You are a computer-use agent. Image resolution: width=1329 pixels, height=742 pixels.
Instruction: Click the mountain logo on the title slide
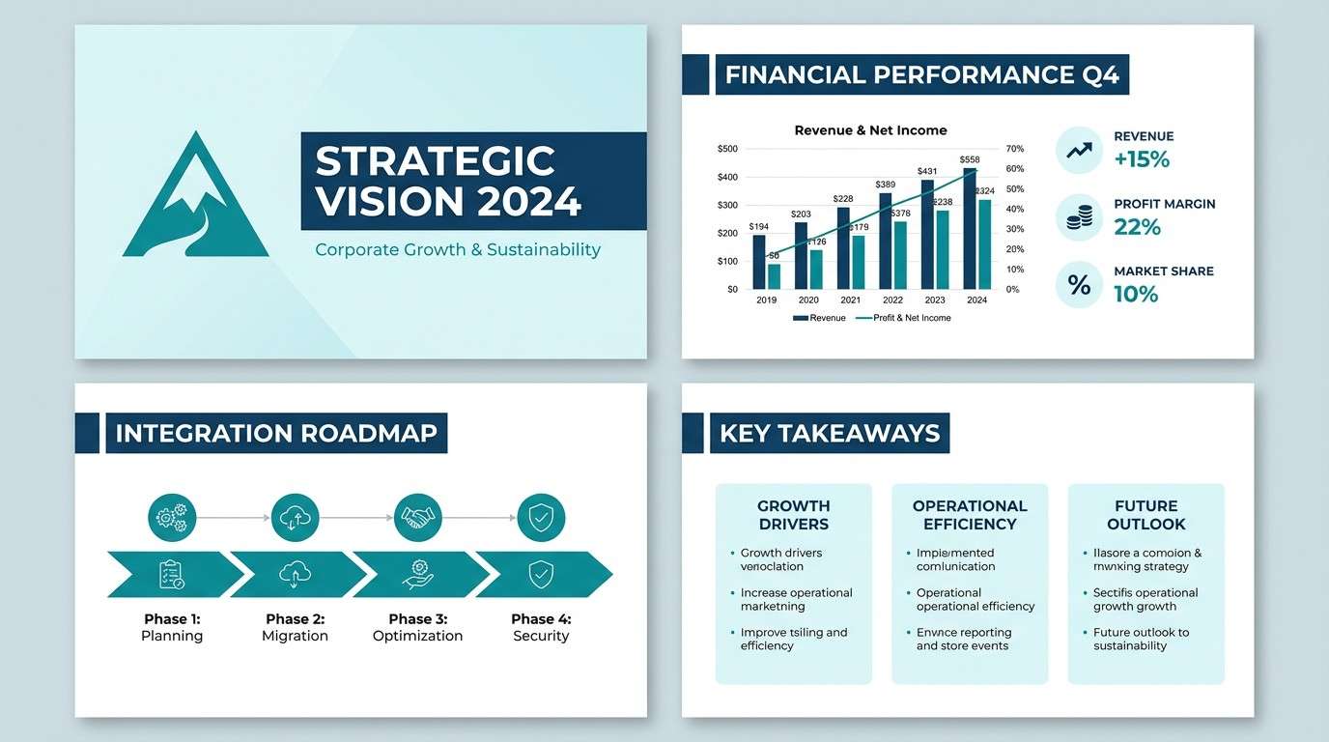pos(196,198)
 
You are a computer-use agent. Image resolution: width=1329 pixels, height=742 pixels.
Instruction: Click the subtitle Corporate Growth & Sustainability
pos(458,249)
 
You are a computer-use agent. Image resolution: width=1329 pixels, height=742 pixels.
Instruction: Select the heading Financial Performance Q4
pos(921,75)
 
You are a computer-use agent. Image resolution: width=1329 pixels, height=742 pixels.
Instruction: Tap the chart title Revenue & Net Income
pos(870,130)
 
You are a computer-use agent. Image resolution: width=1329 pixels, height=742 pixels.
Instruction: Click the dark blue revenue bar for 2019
pos(758,262)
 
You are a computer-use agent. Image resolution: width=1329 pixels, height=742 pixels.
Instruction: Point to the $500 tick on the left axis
pos(727,149)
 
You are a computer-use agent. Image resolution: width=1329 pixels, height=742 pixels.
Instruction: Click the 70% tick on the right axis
pos(1014,149)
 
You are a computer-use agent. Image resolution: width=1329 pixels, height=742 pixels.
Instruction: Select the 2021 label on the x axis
pos(850,300)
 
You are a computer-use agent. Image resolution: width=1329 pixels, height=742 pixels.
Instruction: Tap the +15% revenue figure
pos(1142,159)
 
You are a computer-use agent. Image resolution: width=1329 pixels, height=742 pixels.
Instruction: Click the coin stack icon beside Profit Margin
pos(1079,218)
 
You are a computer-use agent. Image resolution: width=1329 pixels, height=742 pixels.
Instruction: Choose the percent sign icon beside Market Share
pos(1079,285)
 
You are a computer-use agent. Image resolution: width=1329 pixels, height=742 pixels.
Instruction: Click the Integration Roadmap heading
pos(275,434)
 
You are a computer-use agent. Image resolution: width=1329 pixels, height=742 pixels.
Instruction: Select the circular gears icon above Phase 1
pos(172,518)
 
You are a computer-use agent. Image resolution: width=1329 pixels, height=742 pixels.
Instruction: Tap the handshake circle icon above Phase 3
pos(418,518)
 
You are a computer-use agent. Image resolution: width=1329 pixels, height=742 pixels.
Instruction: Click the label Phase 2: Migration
pos(296,627)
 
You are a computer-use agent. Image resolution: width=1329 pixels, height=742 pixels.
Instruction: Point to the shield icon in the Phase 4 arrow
pos(541,575)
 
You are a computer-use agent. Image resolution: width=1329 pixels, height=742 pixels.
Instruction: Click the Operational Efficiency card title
pos(970,515)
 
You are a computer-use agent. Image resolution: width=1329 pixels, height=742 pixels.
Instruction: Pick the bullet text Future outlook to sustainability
pos(1141,639)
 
